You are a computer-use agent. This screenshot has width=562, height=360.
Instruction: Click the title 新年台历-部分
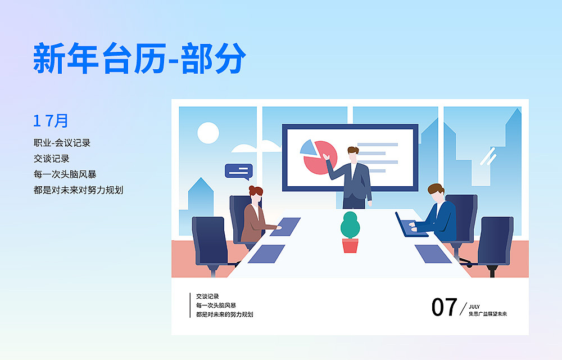140,58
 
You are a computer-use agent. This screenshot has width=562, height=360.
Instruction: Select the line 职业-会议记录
62,143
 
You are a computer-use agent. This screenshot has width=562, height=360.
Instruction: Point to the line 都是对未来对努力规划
78,190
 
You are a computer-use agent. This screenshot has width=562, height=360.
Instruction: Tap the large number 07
444,307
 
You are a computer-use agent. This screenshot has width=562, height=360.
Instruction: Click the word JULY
474,307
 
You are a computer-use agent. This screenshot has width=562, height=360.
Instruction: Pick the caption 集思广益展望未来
487,314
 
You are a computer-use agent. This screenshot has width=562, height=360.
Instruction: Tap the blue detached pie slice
308,147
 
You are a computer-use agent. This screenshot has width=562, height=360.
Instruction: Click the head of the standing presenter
352,153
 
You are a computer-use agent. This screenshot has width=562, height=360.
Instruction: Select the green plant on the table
350,225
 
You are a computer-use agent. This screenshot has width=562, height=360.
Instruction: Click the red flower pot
350,245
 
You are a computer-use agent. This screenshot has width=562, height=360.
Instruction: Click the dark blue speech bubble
238,170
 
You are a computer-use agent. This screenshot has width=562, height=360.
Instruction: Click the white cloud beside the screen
256,148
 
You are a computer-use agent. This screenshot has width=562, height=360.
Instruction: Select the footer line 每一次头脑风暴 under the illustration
216,305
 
